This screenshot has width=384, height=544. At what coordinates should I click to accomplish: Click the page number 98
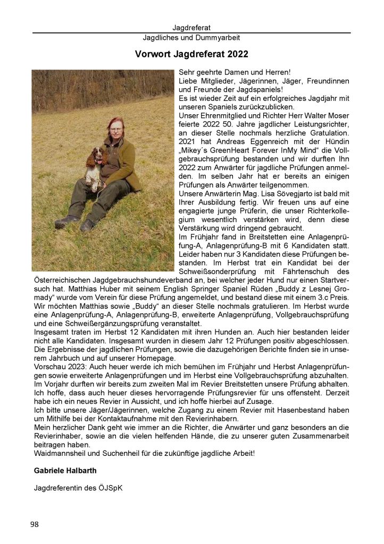coord(35,524)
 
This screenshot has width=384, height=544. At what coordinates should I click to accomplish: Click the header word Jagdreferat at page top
coord(191,27)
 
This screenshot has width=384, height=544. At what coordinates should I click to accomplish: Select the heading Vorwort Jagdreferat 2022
coord(191,54)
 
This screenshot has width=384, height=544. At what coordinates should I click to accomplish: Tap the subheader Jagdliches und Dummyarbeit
coord(191,38)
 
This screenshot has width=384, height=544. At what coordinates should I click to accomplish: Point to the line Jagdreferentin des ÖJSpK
coord(78,487)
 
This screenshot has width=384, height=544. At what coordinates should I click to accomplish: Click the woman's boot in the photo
coord(65,222)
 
